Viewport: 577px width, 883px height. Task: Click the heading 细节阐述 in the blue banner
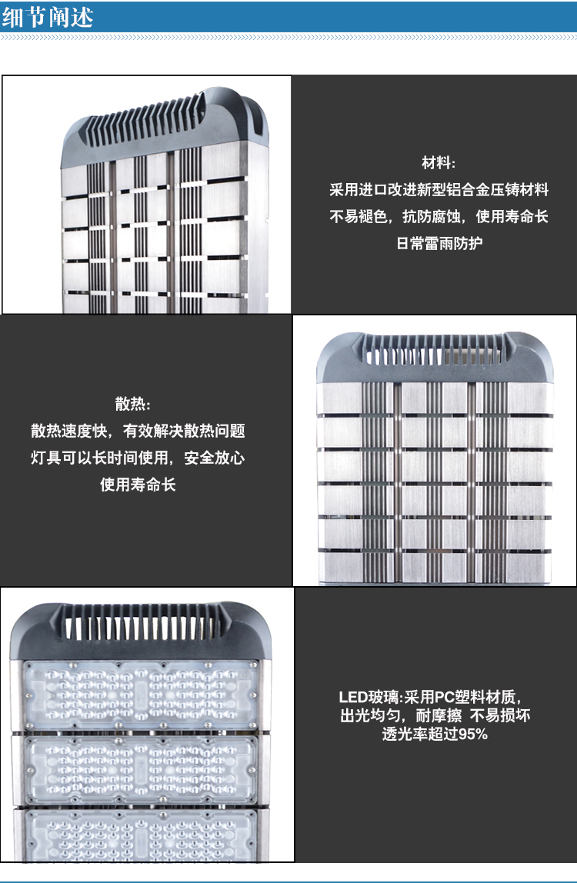(48, 17)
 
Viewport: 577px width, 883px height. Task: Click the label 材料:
(439, 163)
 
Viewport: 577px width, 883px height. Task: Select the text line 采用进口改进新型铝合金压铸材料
(439, 190)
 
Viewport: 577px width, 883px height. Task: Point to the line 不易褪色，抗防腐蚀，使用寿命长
(439, 216)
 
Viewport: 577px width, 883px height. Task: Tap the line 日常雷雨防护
(439, 243)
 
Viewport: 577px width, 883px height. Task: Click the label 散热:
(133, 404)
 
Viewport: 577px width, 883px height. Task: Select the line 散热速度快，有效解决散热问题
(138, 431)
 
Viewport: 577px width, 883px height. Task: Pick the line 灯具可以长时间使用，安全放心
(138, 457)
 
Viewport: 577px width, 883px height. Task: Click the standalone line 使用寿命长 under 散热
(138, 485)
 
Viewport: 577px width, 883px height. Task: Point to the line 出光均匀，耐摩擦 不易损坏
(435, 716)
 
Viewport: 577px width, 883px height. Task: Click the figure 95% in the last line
(473, 735)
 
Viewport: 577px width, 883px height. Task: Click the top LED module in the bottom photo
(140, 696)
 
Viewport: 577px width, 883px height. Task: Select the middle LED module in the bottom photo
(140, 769)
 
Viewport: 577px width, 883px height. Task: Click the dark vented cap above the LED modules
(140, 631)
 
